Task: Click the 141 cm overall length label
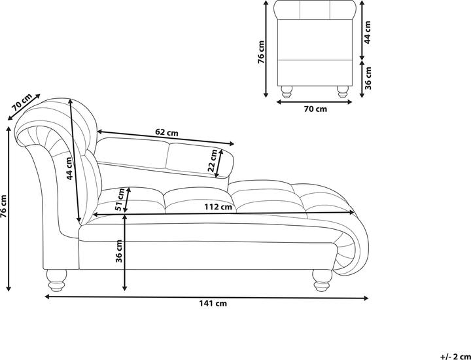pyautogui.click(x=213, y=304)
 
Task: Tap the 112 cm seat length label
pyautogui.click(x=218, y=207)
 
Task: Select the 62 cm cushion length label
pyautogui.click(x=167, y=132)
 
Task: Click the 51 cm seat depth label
pyautogui.click(x=120, y=199)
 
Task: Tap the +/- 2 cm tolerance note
pyautogui.click(x=455, y=357)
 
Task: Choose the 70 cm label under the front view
pyautogui.click(x=315, y=109)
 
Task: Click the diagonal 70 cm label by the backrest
pyautogui.click(x=22, y=103)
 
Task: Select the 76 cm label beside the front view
pyautogui.click(x=261, y=52)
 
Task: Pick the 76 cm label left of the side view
pyautogui.click(x=3, y=206)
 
